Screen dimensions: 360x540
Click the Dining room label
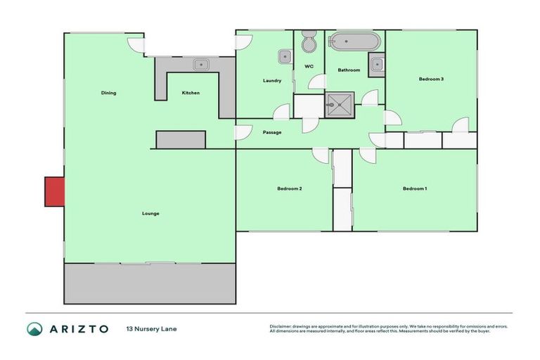(108, 93)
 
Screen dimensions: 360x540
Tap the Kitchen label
(191, 93)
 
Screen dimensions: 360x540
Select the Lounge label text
(150, 213)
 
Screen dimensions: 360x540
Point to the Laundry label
(272, 80)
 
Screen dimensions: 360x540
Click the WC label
(309, 67)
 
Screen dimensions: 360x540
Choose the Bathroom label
(349, 70)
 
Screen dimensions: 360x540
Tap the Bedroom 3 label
(431, 79)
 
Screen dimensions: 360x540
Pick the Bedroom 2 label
(289, 188)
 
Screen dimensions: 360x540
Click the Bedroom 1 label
(414, 188)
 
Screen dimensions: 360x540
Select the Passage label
(272, 132)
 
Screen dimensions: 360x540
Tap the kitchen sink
(202, 65)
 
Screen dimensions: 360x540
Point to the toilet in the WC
(309, 44)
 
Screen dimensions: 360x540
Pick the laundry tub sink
(285, 56)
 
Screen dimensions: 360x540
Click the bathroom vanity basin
(378, 65)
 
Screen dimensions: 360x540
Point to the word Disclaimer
(282, 326)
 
